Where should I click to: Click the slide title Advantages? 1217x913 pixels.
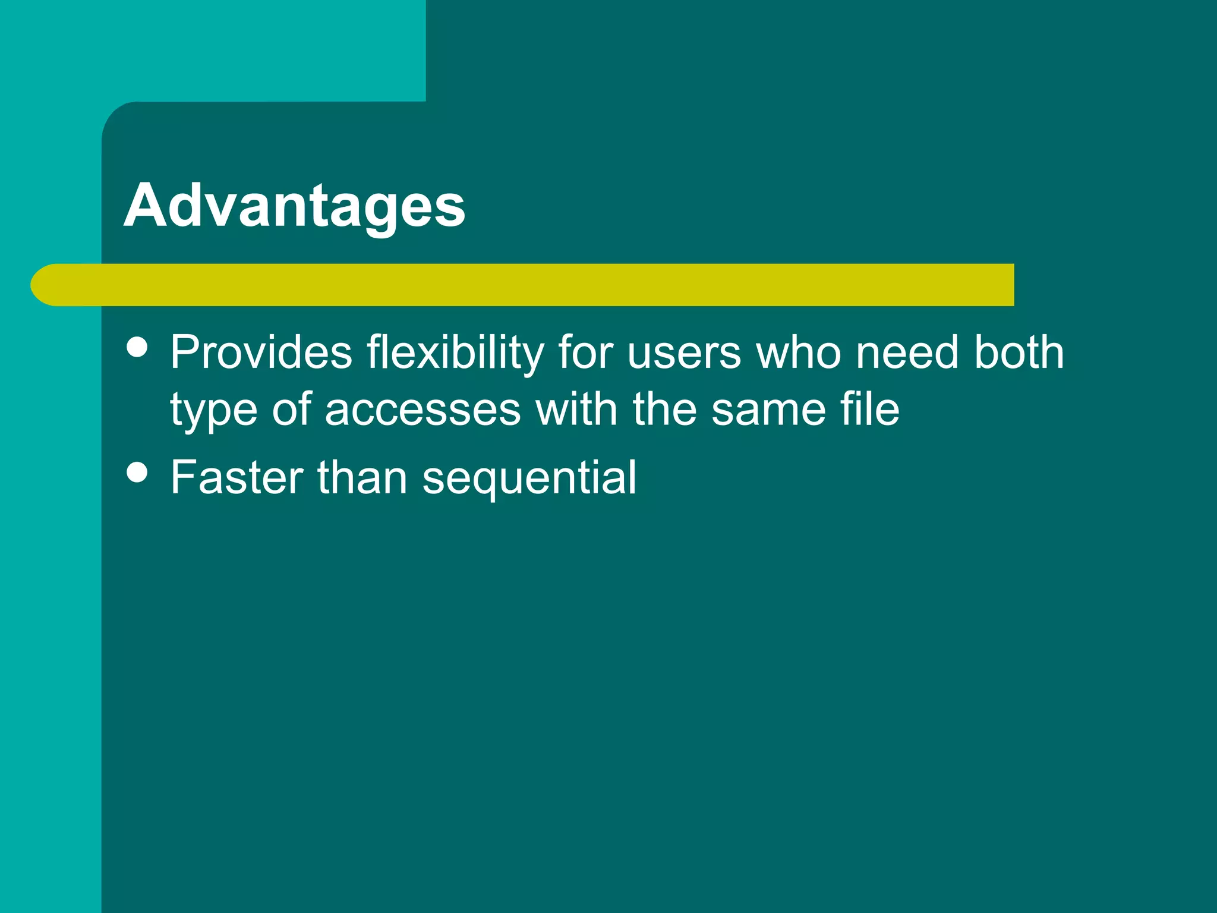294,206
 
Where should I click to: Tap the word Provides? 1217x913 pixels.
261,352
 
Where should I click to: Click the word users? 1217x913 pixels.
684,352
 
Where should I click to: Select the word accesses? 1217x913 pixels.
423,410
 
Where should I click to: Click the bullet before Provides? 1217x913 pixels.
137,347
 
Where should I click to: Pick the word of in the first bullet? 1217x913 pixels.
291,410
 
